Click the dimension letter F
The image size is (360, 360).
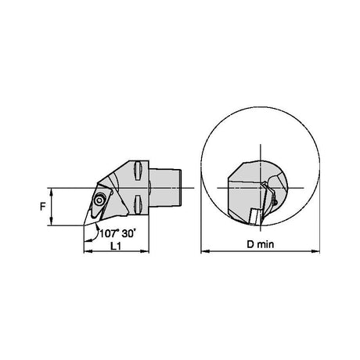(42, 207)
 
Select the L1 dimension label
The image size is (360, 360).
(116, 246)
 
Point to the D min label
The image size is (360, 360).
(261, 244)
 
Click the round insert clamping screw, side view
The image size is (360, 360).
(99, 200)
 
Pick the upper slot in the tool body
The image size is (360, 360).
(138, 171)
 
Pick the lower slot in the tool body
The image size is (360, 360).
(138, 205)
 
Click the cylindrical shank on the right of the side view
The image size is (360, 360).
(165, 188)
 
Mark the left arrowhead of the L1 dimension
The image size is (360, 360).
(88, 251)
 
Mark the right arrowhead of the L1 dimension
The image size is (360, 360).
(145, 251)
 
